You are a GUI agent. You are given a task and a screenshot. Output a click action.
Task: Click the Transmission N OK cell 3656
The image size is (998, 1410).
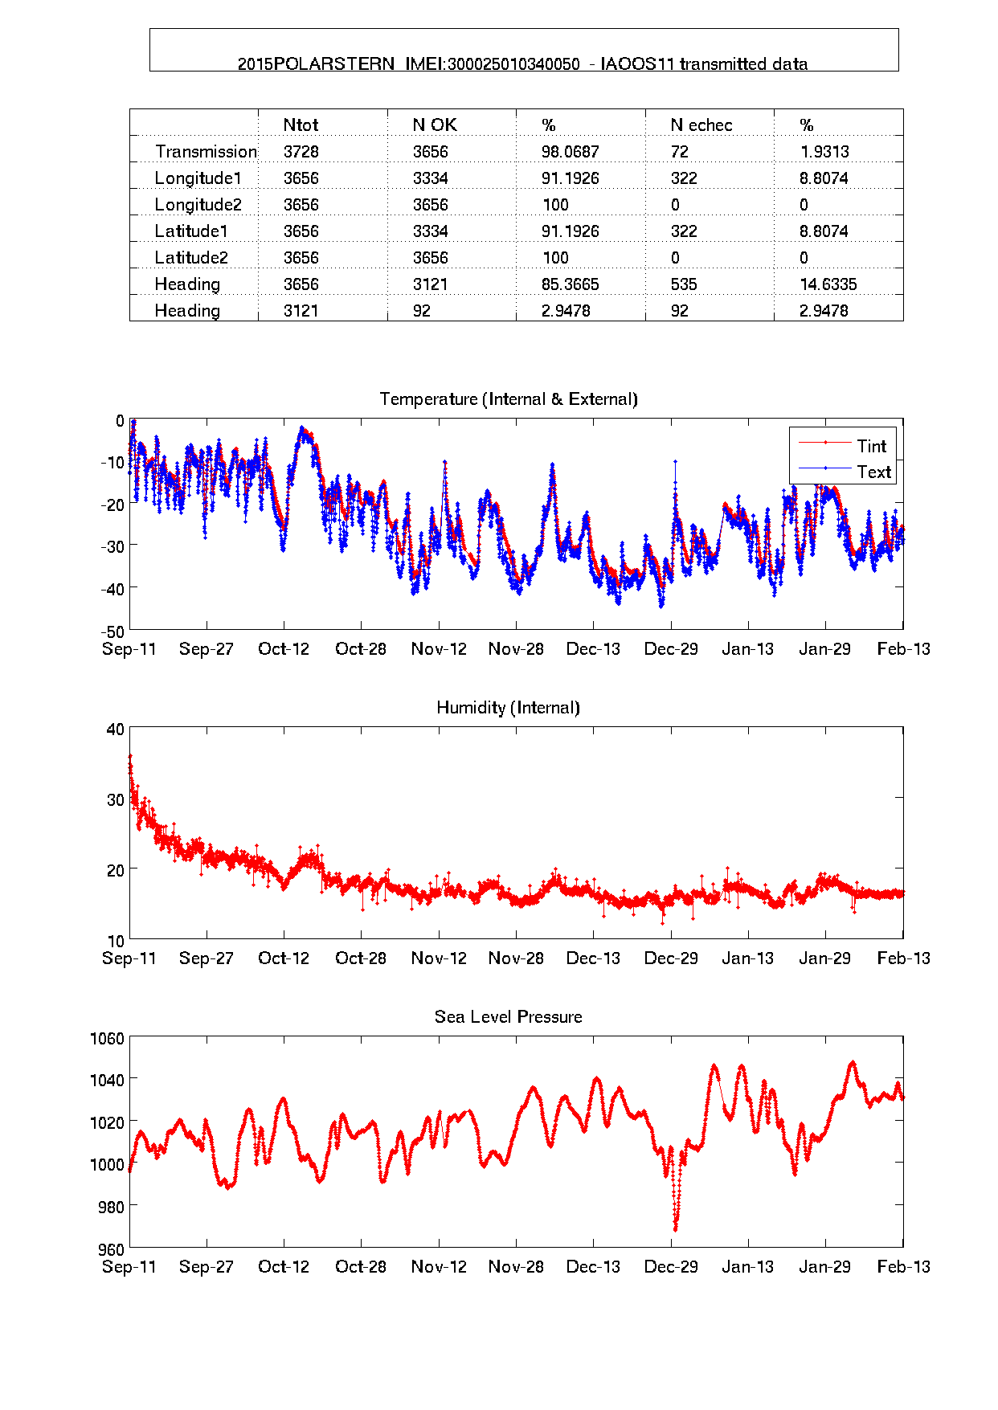click(x=430, y=152)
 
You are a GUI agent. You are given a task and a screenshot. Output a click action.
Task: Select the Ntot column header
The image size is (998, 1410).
click(x=301, y=125)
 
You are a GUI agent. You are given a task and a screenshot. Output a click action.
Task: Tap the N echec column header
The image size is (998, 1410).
click(x=701, y=125)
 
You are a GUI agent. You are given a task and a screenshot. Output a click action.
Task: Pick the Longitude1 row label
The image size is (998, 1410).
click(x=198, y=178)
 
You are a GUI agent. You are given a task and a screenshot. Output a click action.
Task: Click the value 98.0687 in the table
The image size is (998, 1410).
click(x=570, y=152)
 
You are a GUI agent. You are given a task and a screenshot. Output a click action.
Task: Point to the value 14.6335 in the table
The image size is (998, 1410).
click(x=828, y=284)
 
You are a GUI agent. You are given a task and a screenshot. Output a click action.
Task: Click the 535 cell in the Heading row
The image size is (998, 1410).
click(x=684, y=284)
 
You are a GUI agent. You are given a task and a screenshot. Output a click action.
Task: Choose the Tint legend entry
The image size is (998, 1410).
click(x=871, y=447)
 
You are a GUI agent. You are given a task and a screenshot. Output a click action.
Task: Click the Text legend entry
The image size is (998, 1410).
click(x=873, y=472)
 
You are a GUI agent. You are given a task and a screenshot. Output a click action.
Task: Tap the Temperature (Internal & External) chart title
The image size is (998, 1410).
click(x=508, y=399)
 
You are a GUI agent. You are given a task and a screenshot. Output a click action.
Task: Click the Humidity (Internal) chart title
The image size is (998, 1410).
click(x=508, y=708)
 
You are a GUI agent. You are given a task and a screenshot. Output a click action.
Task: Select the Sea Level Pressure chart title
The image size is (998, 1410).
click(x=508, y=1017)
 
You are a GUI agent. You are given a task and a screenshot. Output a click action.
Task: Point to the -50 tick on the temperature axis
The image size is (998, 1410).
click(x=114, y=631)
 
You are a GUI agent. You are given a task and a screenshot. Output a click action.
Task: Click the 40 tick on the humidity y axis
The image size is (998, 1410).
click(x=116, y=730)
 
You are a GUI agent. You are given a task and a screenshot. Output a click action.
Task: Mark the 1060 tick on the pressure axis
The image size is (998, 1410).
click(x=108, y=1039)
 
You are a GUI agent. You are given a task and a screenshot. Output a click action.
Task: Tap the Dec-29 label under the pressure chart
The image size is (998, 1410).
click(x=671, y=1267)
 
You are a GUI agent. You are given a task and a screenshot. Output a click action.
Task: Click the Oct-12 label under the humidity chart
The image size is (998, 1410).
click(x=283, y=958)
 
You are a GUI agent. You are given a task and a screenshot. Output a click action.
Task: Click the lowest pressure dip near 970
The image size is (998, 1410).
click(x=675, y=1228)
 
